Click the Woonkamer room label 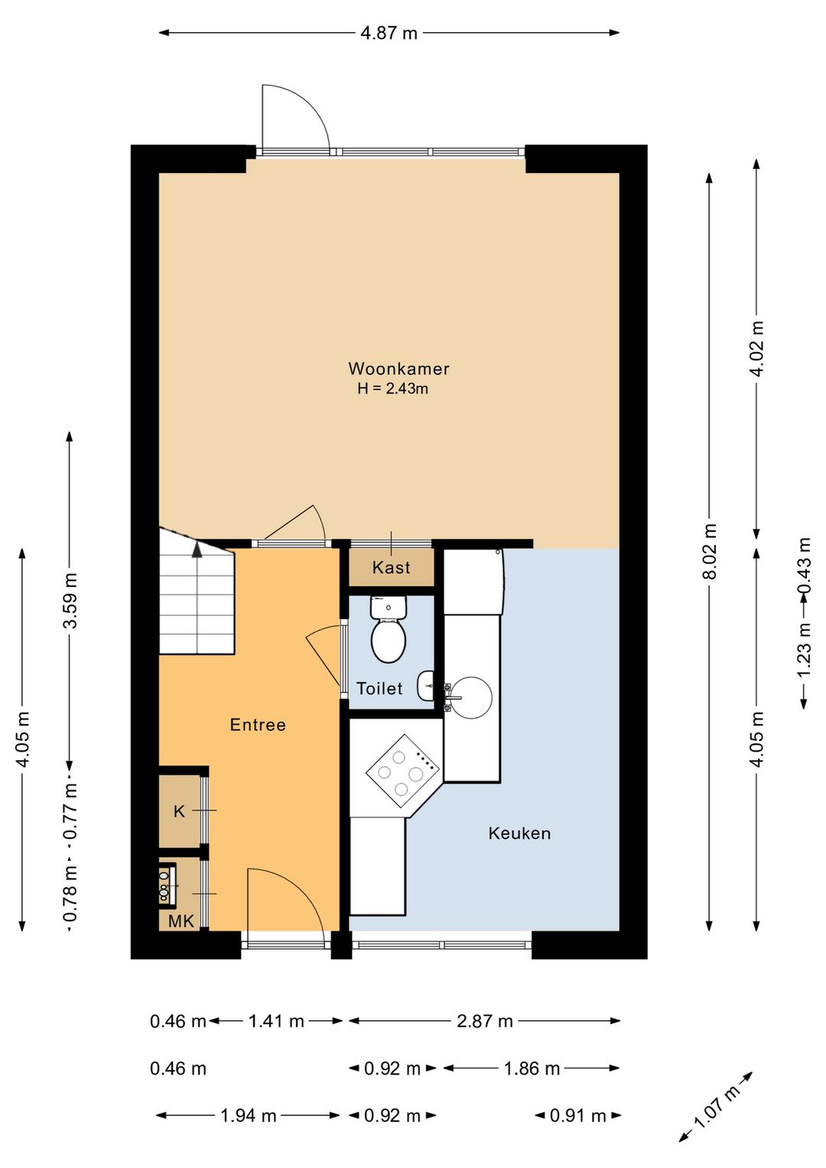tap(398, 369)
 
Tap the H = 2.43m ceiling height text tap(393, 389)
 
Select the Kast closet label tap(391, 567)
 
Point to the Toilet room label tap(379, 688)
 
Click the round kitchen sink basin tap(470, 698)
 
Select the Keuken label tap(519, 834)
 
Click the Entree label tap(258, 725)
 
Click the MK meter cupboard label tap(180, 922)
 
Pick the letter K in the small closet tap(179, 811)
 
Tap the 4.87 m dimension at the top tap(389, 34)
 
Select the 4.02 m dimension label tap(757, 348)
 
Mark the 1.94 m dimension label tap(248, 1116)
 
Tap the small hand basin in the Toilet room tap(426, 687)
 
